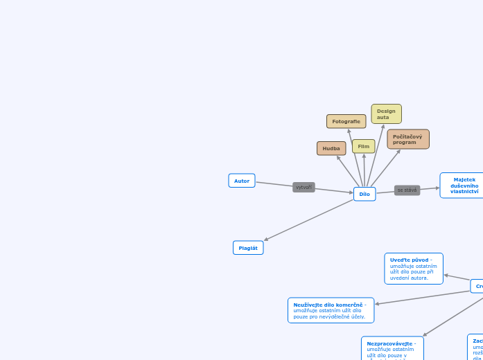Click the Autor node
[242, 181]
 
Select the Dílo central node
[365, 195]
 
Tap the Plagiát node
[248, 248]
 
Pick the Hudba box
[331, 148]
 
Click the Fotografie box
[346, 121]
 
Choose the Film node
[363, 146]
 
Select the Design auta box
[386, 114]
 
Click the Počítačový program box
[408, 139]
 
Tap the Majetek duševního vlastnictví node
[463, 186]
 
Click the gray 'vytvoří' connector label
[304, 187]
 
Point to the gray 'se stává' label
[407, 190]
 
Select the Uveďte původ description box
[414, 269]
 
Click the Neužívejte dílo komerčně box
[331, 310]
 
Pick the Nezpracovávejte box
[392, 348]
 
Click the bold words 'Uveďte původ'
[409, 260]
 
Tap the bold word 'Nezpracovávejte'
[390, 343]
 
